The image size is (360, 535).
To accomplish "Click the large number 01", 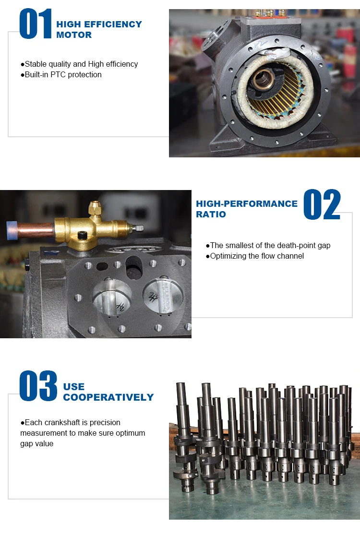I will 35,24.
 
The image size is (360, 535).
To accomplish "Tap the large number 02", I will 322,205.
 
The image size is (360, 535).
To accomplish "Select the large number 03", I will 38,386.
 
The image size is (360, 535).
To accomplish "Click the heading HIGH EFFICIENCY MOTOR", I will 99,29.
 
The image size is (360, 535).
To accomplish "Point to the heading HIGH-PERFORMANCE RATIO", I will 246,209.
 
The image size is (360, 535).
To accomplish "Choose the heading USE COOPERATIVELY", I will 108,392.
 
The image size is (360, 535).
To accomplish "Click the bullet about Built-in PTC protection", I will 61,74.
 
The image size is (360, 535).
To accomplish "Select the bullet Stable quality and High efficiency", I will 79,64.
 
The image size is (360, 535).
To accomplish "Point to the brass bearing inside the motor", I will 264,79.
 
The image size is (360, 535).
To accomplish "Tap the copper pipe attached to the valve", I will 36,230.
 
